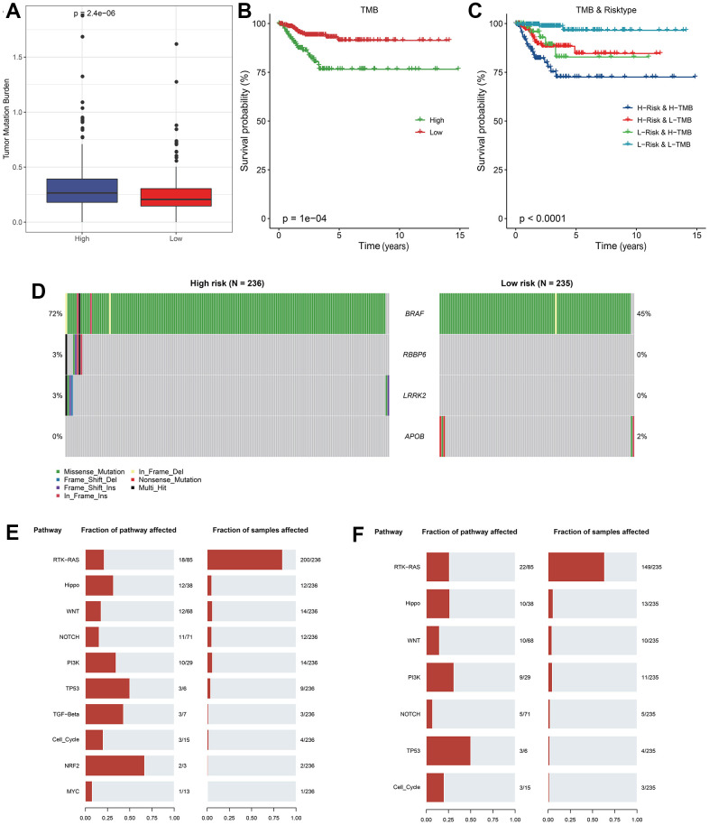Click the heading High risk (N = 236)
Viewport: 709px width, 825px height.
[x=226, y=283]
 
